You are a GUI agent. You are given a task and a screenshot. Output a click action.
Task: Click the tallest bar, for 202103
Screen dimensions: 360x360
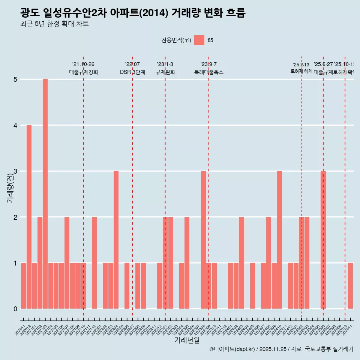coord(45,194)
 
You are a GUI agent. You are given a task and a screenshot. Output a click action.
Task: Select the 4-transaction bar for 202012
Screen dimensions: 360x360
coord(29,217)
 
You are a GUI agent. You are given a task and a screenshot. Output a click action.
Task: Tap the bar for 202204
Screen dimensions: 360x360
coord(116,240)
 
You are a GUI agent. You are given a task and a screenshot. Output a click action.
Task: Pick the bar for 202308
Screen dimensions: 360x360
coord(203,240)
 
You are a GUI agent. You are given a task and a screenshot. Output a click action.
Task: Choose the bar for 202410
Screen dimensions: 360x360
coord(279,240)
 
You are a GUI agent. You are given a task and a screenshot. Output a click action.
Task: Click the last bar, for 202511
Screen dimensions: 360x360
coord(350,286)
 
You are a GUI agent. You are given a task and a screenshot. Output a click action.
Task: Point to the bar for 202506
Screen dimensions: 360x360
coord(323,240)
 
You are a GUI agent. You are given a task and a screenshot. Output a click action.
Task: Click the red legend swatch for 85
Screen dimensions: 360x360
coord(199,40)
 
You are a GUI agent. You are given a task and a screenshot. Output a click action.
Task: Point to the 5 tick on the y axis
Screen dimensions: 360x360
coord(15,79)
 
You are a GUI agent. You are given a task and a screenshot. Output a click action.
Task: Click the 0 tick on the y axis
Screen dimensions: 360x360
coord(15,309)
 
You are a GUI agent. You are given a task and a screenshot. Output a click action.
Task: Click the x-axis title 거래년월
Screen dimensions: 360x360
coord(187,340)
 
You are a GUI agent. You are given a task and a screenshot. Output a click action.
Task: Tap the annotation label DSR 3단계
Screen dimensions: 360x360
coord(132,72)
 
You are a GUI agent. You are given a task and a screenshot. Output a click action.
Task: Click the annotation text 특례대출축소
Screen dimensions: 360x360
coord(208,72)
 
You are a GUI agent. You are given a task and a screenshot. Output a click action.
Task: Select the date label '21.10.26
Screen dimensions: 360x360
coord(83,64)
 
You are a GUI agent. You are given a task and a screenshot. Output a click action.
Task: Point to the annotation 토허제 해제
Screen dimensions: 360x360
coord(301,71)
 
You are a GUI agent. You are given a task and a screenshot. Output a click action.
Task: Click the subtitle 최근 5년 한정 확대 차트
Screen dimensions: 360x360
coord(54,24)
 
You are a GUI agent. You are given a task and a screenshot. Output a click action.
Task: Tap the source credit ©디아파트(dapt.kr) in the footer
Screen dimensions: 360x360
coord(232,349)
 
